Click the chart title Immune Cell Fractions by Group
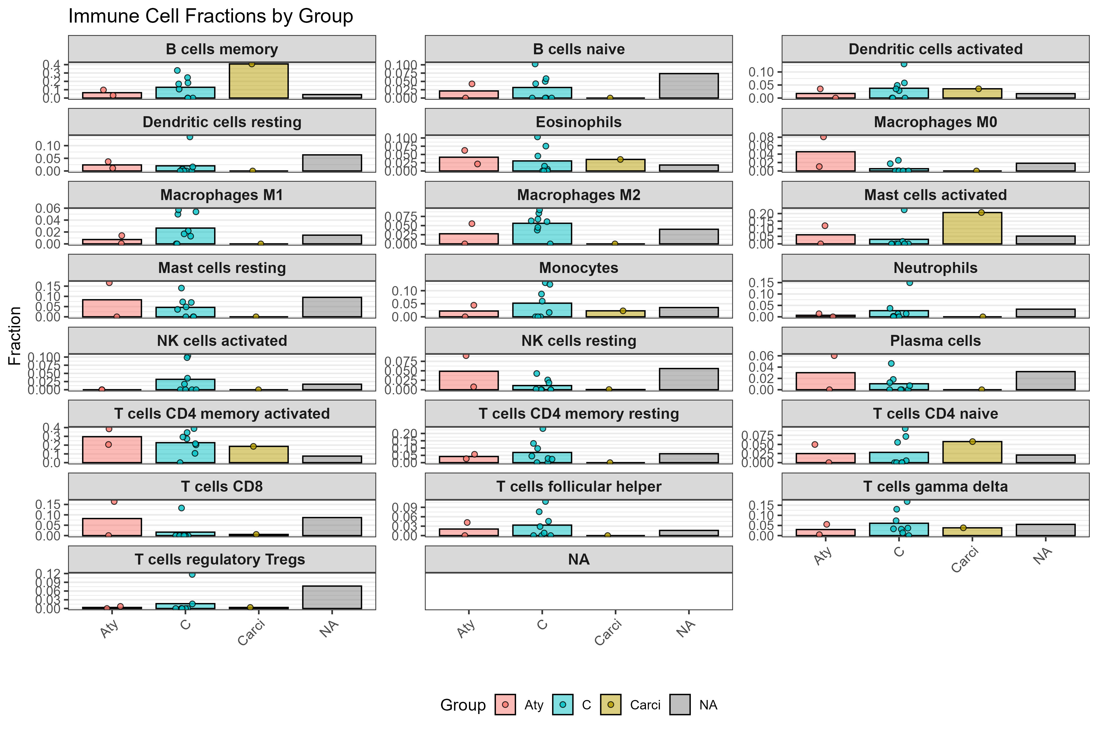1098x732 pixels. point(210,16)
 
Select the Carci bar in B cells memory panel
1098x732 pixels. point(259,81)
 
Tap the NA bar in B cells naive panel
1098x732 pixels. point(689,86)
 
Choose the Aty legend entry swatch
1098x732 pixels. point(505,705)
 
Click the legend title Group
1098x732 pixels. point(463,705)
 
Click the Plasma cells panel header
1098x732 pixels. point(935,341)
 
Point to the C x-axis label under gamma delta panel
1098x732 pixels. point(899,552)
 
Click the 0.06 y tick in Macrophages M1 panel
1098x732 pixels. point(48,208)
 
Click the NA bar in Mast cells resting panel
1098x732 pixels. point(332,307)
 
